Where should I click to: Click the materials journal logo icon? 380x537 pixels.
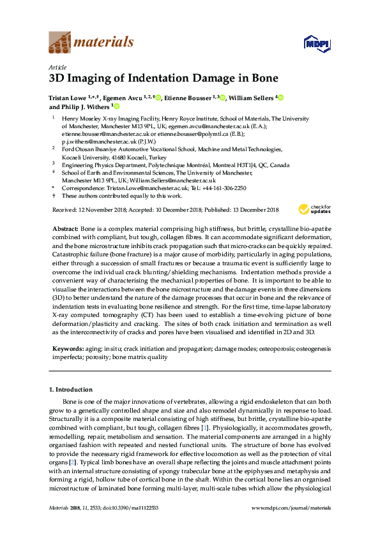pos(61,43)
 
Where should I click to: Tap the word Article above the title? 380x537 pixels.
pos(58,67)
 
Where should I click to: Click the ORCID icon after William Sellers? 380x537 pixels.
pos(280,98)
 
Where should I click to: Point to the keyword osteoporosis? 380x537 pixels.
pos(260,349)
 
